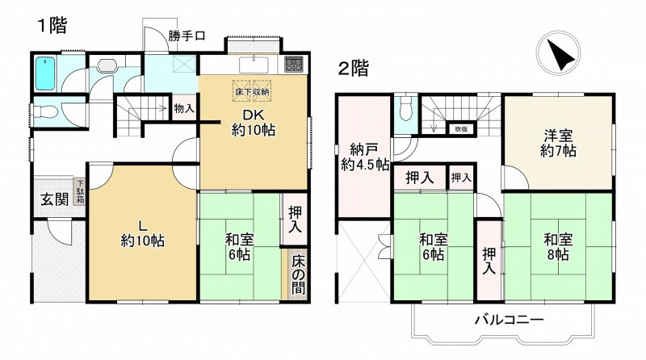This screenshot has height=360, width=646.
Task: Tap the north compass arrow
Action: (560, 55)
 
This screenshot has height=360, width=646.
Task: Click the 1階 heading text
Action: (51, 23)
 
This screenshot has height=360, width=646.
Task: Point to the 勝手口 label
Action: (187, 36)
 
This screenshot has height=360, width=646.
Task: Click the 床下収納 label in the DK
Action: (252, 92)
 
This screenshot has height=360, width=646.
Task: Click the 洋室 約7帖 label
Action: (558, 141)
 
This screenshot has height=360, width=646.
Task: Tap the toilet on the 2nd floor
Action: (406, 107)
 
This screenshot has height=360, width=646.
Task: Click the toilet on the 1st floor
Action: (48, 112)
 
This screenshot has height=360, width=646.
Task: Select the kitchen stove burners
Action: (292, 62)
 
